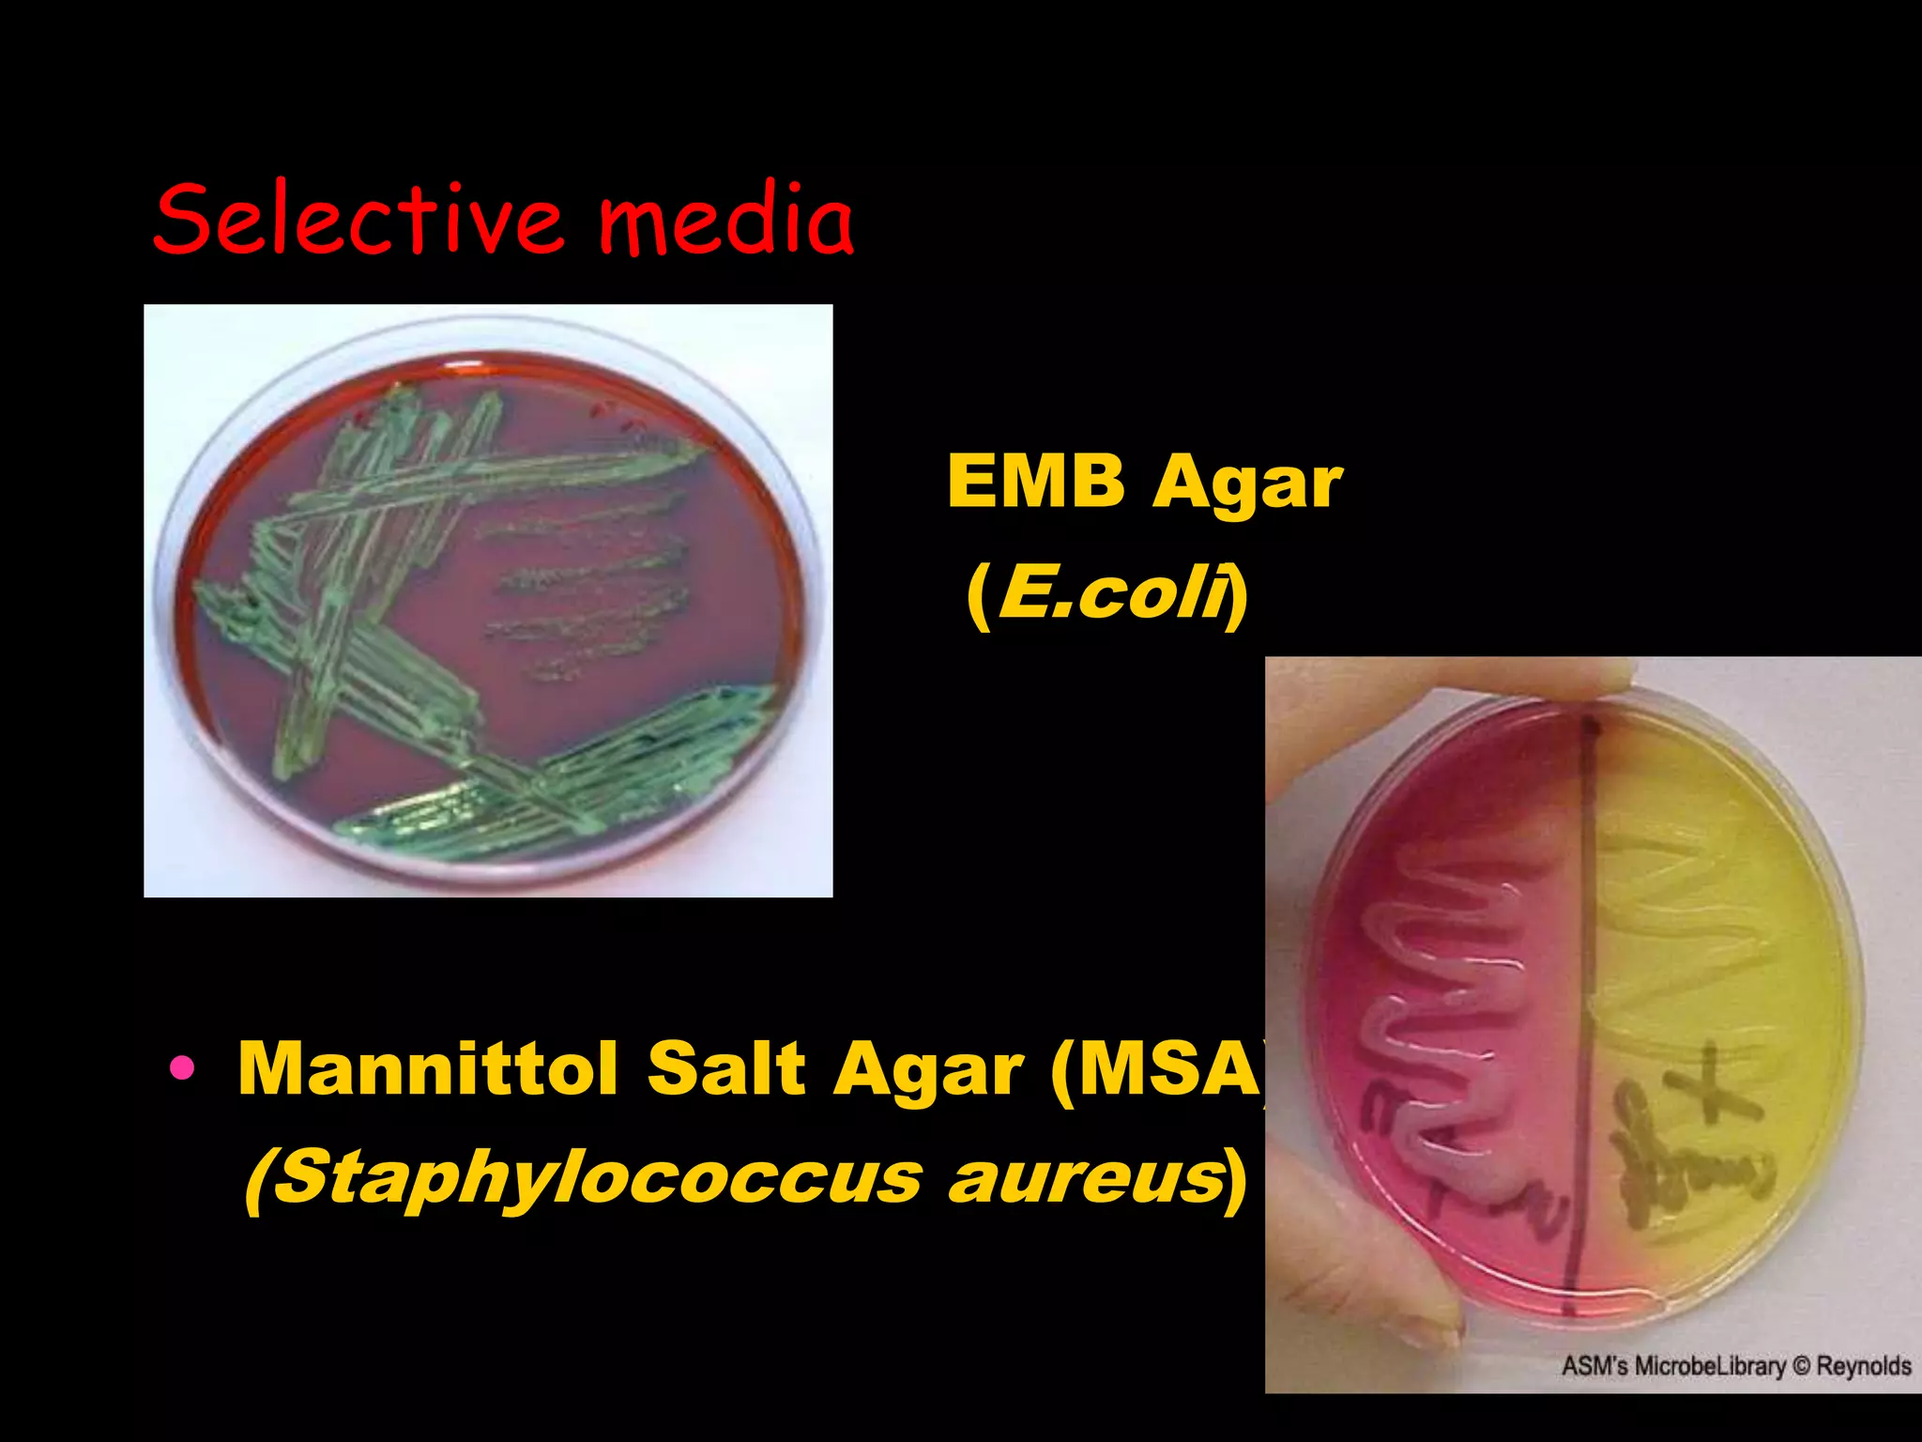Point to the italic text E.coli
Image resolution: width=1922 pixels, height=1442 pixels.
point(1113,594)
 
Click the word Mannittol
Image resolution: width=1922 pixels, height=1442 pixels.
point(428,1068)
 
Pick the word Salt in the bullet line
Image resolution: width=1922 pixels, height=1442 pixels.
point(727,1068)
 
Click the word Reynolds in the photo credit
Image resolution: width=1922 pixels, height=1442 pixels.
point(1864,1367)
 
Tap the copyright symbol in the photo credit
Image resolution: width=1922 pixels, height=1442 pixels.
point(1802,1367)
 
